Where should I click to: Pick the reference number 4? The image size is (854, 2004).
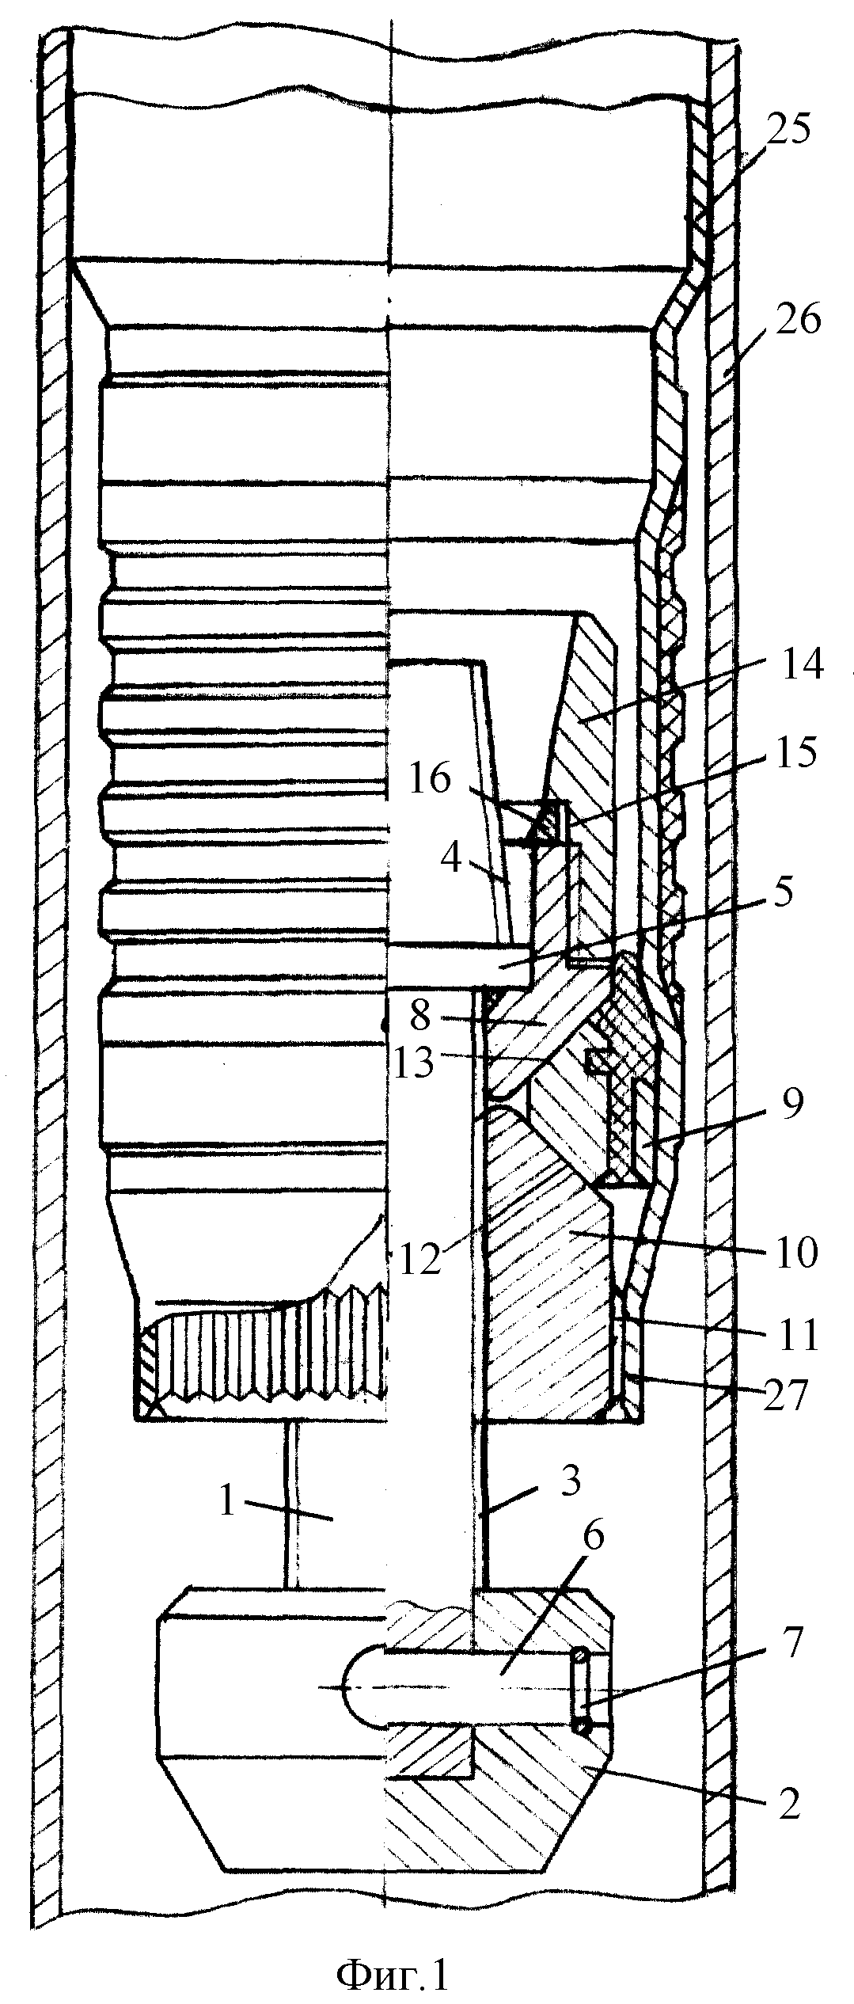(x=453, y=860)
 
